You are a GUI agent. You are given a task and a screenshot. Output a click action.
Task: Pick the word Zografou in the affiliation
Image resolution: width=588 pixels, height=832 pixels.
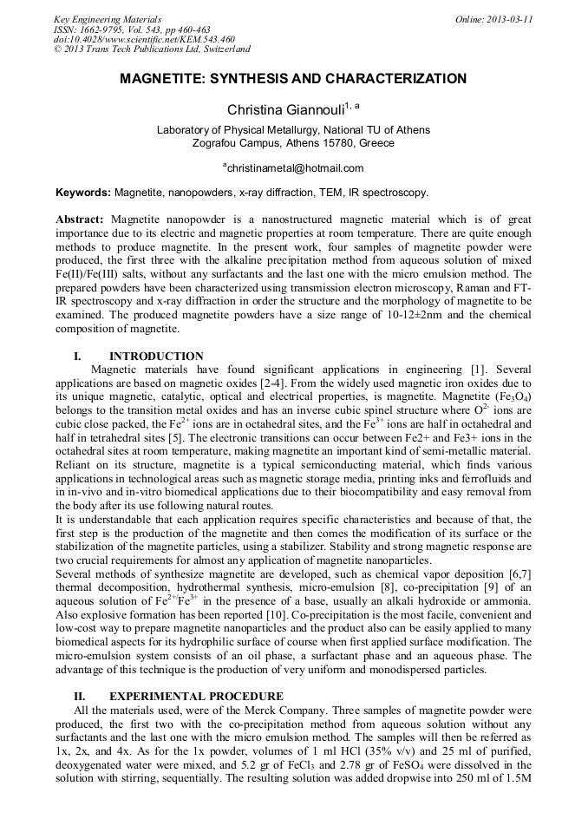tap(219, 143)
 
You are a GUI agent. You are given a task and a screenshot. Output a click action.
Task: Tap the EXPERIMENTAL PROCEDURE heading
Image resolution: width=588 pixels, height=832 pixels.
tap(196, 696)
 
